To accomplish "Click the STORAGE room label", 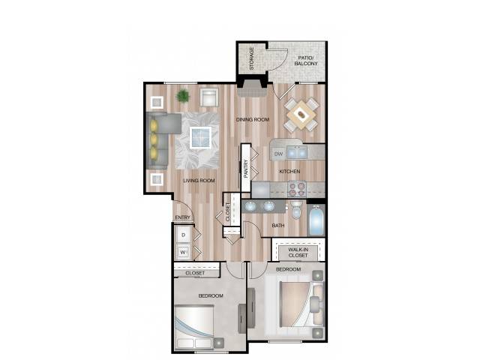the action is [x=252, y=58].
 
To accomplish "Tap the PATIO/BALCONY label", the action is [x=306, y=61].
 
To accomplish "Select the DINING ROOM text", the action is [x=253, y=119].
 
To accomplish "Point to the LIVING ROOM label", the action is [x=199, y=181].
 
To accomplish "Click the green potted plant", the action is [x=183, y=96].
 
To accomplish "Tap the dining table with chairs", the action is [x=301, y=115].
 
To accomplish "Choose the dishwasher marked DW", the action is [x=278, y=154].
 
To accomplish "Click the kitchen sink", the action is [x=297, y=152].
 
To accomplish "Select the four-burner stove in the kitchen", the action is [x=297, y=189].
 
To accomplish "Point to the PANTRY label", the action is [x=246, y=169].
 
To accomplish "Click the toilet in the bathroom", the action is [x=296, y=209].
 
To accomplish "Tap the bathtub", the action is [x=316, y=220].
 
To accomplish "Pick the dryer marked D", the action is [x=184, y=235].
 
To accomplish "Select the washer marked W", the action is [x=183, y=252].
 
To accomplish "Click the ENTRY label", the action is [x=182, y=217].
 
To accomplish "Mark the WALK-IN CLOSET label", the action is [x=298, y=253].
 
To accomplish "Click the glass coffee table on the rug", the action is [x=200, y=137].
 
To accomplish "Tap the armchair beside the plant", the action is [x=209, y=97].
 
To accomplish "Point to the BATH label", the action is [x=278, y=226].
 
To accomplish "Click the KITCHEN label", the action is [x=289, y=172].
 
